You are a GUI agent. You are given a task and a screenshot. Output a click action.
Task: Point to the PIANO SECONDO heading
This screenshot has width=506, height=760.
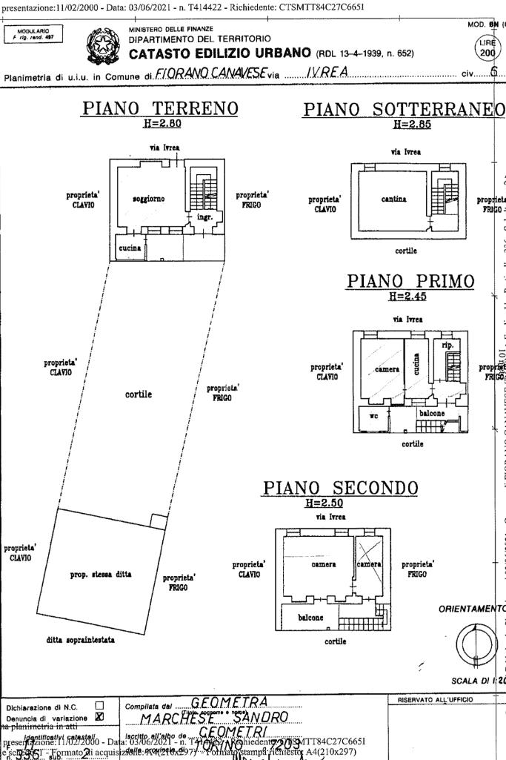point(341,489)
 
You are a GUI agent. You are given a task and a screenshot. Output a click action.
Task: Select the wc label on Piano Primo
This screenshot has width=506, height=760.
point(374,417)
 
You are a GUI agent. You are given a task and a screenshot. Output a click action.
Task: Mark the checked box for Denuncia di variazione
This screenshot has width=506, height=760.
point(99,716)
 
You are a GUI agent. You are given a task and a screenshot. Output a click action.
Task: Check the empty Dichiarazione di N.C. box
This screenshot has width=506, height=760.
point(99,705)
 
